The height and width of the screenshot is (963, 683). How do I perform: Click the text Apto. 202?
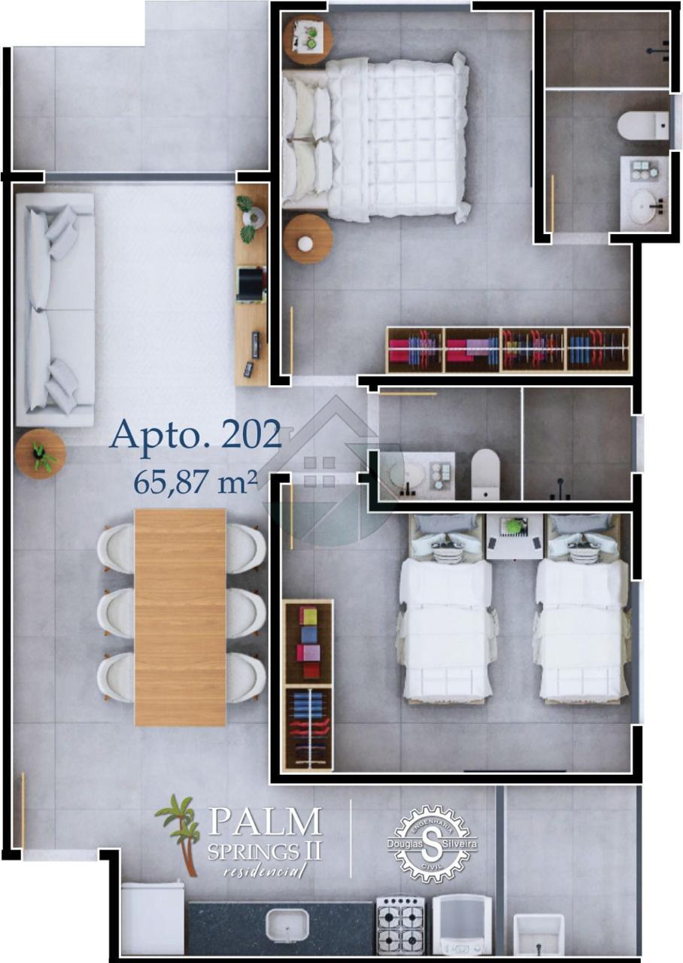[x=196, y=434]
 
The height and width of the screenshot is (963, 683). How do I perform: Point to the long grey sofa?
[x=55, y=309]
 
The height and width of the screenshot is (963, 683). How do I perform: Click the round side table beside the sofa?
[x=40, y=454]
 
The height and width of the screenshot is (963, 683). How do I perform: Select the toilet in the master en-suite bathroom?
[x=643, y=126]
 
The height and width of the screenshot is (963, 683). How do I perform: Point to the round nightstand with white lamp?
[x=308, y=239]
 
